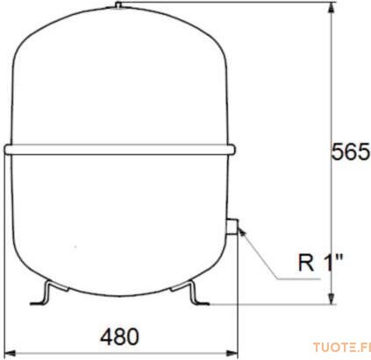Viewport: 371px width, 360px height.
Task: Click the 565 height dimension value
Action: tap(351, 152)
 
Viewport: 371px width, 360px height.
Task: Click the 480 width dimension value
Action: tap(119, 336)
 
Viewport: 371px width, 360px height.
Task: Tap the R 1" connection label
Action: tap(320, 262)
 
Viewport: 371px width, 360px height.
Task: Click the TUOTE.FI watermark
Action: tap(342, 348)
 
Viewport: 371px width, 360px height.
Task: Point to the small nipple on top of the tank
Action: tap(118, 5)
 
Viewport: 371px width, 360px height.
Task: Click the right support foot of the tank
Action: tap(190, 293)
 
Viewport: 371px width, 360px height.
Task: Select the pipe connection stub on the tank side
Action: tap(233, 227)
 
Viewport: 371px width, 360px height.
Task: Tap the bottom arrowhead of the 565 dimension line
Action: tap(331, 298)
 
